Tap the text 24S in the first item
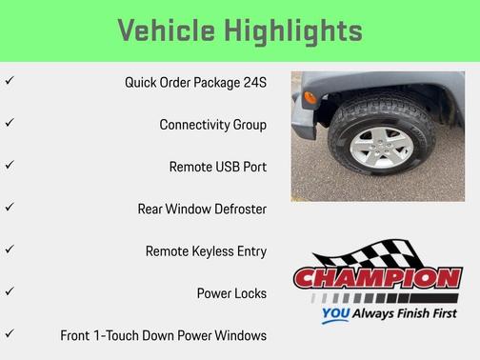point(253,82)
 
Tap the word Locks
point(250,293)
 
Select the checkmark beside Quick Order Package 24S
point(10,82)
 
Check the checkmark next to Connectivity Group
point(10,124)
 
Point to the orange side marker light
point(310,97)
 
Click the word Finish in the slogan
point(410,313)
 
